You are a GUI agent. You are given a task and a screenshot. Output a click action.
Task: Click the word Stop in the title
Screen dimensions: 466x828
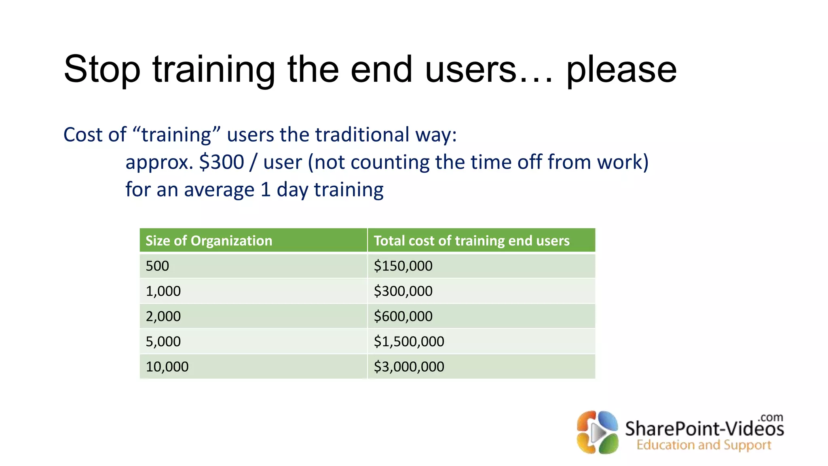tap(102, 70)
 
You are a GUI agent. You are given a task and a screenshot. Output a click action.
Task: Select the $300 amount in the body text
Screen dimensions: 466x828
tap(222, 162)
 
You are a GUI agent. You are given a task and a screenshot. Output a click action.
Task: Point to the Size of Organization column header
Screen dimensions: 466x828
tap(209, 241)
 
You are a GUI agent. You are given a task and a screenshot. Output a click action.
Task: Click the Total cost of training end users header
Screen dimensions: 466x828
tap(471, 241)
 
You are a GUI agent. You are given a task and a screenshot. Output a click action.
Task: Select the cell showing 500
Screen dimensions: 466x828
tap(157, 266)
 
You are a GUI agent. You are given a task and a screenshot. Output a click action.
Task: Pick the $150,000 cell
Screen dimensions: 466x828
tap(403, 266)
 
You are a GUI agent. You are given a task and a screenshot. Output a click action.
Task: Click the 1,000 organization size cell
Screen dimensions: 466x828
tap(163, 291)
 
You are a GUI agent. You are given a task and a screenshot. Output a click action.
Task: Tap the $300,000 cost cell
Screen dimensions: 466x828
tap(403, 291)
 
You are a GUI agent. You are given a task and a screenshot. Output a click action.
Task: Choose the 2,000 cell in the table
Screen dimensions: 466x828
tap(163, 316)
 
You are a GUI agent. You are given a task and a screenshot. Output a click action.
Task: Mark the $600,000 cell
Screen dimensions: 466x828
tap(403, 316)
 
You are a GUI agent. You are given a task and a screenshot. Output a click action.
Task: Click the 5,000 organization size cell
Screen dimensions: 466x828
tap(163, 341)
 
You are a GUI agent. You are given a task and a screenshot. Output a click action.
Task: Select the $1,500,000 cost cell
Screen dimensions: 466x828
tap(409, 341)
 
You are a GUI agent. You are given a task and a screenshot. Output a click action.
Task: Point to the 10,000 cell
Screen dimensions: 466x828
tap(167, 367)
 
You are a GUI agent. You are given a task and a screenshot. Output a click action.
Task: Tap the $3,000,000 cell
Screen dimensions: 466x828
tap(409, 367)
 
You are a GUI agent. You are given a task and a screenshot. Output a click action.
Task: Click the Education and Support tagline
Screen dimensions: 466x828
tap(704, 445)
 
